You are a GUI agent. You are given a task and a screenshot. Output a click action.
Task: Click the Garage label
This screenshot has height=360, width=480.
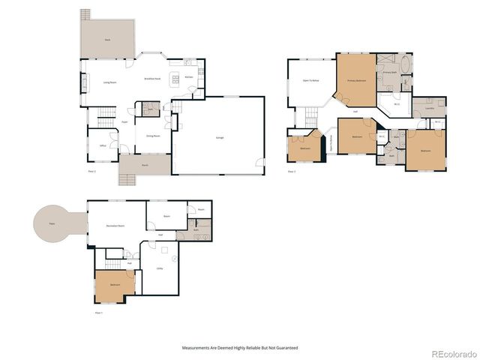(x=220, y=139)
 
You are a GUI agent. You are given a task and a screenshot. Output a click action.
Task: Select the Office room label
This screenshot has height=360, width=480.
(x=102, y=145)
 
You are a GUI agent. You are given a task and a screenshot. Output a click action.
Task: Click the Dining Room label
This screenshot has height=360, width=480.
(x=153, y=136)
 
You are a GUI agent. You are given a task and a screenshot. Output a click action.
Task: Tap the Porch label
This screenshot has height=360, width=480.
(x=144, y=163)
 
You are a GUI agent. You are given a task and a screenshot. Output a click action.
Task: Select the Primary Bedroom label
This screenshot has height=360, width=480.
(x=355, y=79)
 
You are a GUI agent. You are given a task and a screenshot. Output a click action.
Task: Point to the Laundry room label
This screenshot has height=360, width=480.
(x=429, y=108)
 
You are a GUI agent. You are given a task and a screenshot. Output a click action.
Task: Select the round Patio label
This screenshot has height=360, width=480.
(x=52, y=223)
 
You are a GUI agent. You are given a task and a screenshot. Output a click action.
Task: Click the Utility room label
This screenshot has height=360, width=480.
(x=160, y=268)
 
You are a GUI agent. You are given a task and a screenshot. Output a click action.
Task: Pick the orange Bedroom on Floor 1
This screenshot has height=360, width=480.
(x=115, y=285)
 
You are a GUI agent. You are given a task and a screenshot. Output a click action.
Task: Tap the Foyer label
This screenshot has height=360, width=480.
(x=124, y=121)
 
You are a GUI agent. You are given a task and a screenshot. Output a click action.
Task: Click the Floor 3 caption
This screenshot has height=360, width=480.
(x=292, y=172)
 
